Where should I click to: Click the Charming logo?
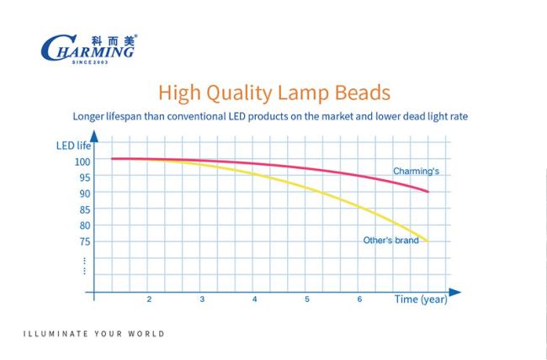pos(89,49)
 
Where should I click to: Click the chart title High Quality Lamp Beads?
pos(274,93)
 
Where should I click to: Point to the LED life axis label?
pos(73,146)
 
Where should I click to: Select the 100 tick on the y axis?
pos(82,161)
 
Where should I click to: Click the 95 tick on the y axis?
pos(85,177)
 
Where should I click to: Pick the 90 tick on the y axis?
pos(85,193)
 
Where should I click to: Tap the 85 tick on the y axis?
pos(85,209)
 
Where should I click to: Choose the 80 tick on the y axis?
pos(85,225)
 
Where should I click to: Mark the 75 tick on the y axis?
pos(85,241)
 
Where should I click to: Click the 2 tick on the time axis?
pos(149,299)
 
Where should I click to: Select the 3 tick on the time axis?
pos(202,299)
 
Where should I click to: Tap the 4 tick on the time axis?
pos(255,299)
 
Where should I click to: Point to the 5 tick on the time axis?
pos(307,299)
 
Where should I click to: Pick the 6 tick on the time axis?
pos(359,299)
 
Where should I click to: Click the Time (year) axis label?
pos(421,299)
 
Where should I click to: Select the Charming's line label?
pos(416,172)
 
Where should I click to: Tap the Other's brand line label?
pos(390,241)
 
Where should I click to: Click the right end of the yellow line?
pos(428,241)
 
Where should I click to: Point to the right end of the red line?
pos(428,192)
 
